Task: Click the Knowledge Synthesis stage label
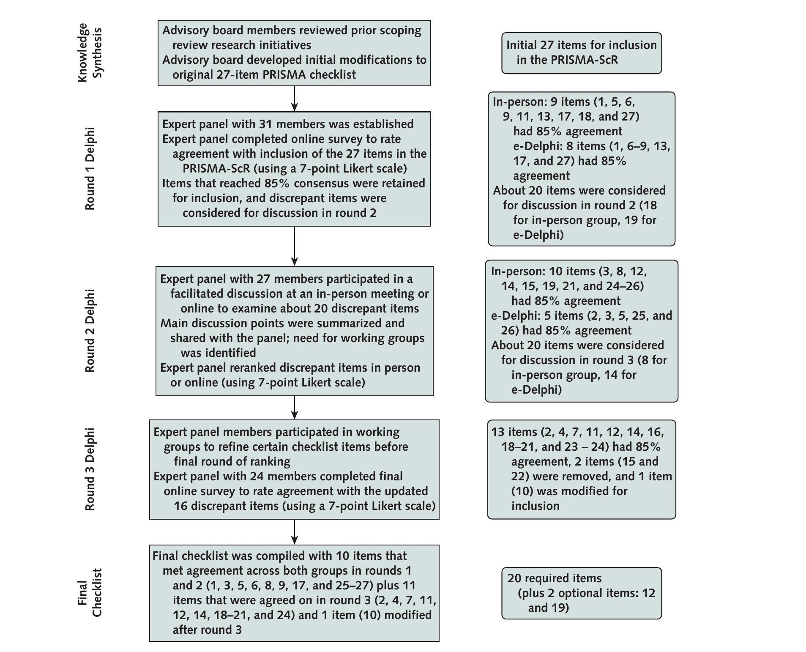click(90, 52)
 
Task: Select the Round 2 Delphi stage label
click(90, 331)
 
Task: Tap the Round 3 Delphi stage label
click(90, 469)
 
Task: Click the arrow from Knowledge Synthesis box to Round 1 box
click(294, 99)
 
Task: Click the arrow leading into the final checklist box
click(294, 532)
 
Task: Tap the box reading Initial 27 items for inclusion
click(581, 53)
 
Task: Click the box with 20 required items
click(581, 593)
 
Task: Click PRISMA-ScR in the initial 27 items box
click(584, 60)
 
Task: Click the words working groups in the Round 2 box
click(385, 338)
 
